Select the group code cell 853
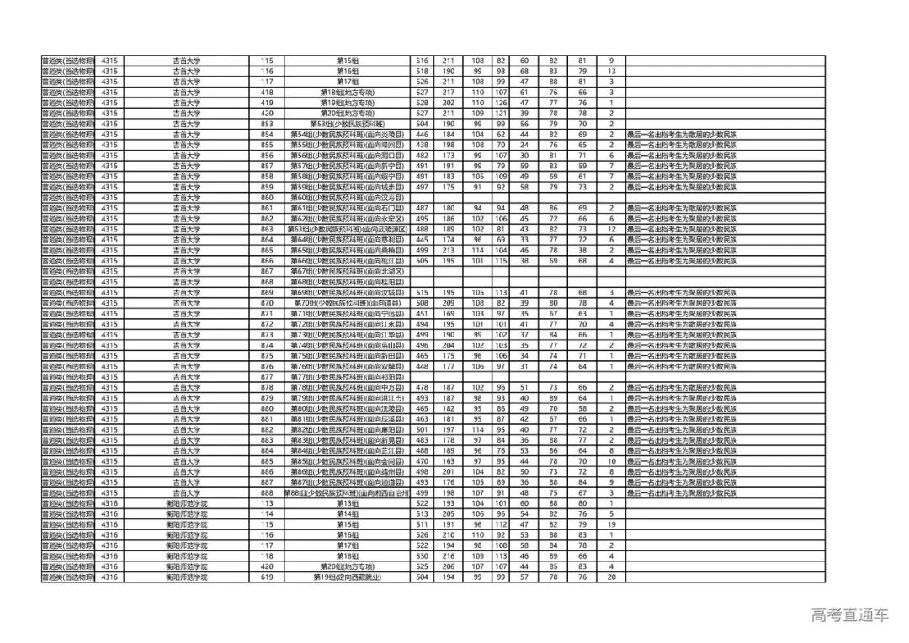268,124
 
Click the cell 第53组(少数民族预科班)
347,124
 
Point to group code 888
268,492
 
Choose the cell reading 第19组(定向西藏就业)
347,577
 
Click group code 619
268,577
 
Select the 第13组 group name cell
347,503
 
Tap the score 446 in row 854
423,135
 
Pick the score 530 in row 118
423,556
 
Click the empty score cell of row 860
423,198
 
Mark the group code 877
268,377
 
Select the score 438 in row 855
423,145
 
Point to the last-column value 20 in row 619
611,577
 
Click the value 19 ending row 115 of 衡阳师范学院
611,524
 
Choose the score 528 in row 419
423,103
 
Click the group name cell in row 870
347,303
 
